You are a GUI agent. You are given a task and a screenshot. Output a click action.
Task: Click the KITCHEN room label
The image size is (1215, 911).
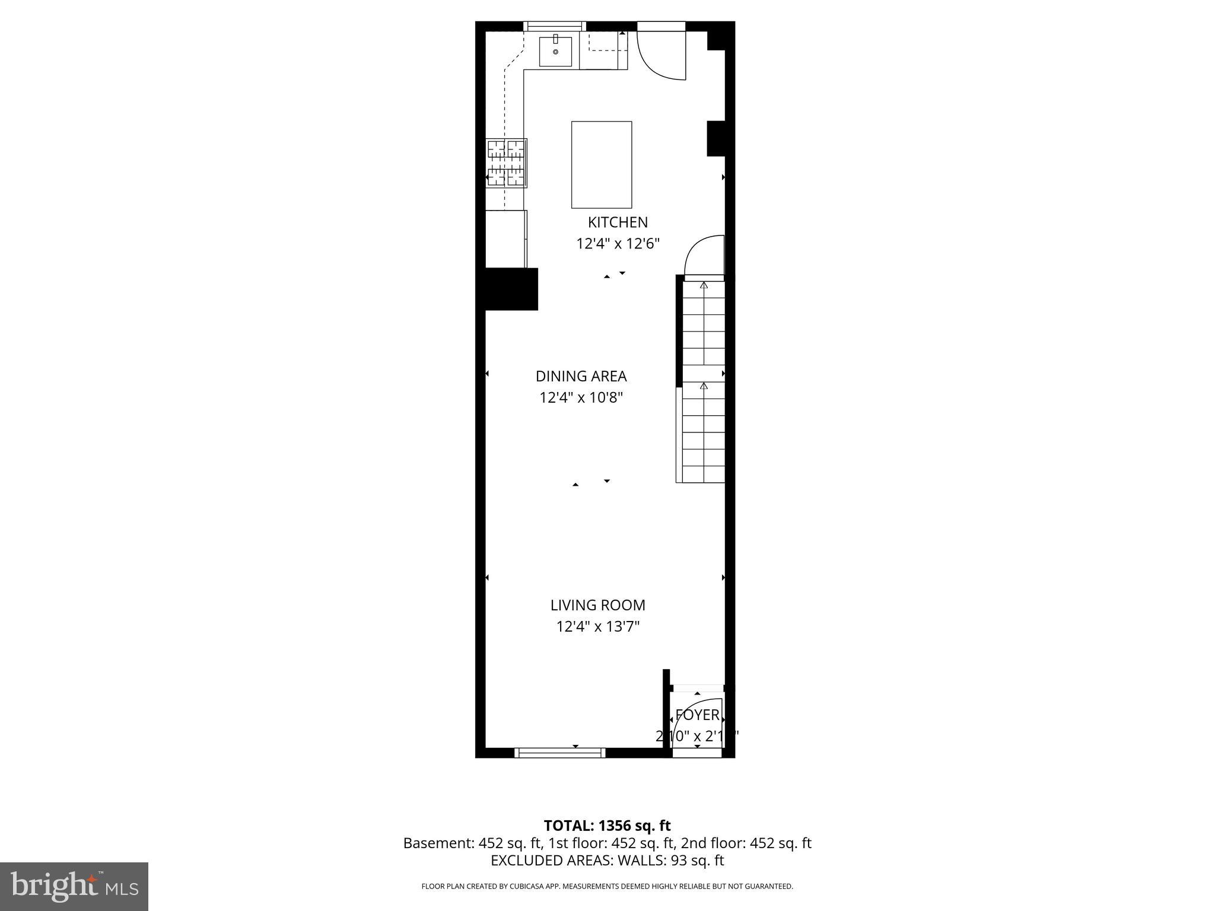618,222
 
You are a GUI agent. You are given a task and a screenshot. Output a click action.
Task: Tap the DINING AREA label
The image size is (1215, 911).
581,377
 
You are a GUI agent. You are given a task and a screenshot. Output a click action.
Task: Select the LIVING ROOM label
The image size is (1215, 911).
597,606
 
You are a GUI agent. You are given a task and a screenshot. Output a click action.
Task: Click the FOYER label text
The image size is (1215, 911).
697,715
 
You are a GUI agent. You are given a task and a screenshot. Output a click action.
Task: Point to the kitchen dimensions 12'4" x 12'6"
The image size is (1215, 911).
618,244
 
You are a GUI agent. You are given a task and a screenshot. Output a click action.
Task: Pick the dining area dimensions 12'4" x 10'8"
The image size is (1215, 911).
581,398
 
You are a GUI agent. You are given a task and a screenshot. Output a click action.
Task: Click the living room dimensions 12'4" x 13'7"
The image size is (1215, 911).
597,627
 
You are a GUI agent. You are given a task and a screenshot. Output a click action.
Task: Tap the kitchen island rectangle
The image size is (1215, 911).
601,165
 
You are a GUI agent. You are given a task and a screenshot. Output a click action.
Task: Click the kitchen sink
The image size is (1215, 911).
555,52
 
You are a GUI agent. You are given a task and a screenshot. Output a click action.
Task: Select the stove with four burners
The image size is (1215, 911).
507,163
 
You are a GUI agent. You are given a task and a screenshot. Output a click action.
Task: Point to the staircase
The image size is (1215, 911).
704,380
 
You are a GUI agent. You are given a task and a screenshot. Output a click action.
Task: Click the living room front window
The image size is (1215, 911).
559,753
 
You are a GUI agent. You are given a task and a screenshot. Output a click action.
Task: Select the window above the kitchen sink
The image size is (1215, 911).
554,26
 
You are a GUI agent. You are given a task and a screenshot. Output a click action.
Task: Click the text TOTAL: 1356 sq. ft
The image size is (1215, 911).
607,826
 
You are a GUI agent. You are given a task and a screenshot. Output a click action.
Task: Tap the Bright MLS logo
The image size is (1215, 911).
74,887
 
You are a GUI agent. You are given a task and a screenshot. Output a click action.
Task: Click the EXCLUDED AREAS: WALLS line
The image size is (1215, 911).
607,861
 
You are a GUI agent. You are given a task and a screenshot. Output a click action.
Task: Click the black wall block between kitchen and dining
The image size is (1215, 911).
511,289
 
